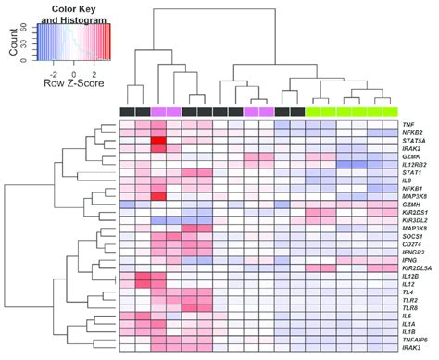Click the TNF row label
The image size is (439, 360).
point(408,124)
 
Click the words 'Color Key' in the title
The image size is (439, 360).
point(77,7)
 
